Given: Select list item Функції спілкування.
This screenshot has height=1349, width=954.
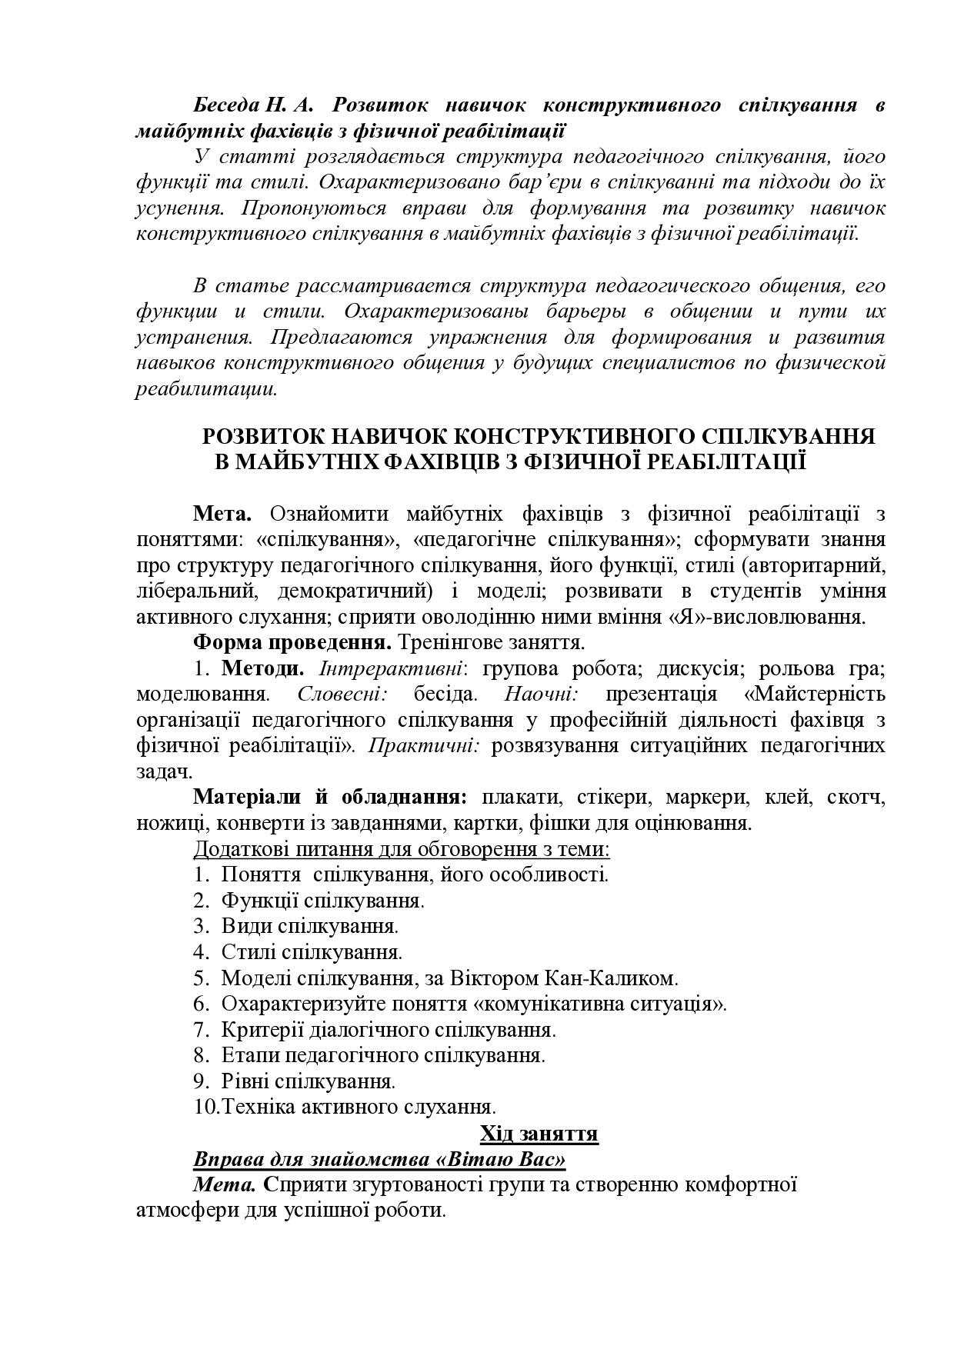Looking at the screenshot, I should tap(323, 900).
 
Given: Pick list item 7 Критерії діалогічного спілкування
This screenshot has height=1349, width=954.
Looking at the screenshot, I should tap(388, 1029).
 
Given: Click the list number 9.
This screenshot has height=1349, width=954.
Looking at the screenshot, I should tap(201, 1081).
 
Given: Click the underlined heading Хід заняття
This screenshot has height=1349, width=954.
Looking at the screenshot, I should tap(539, 1134).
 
